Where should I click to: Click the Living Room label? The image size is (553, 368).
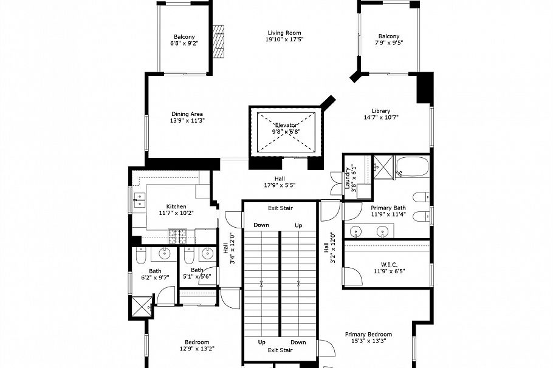tap(284, 36)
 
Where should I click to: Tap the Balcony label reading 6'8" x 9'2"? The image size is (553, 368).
tap(184, 39)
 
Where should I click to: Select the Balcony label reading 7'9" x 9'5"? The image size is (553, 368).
tap(389, 39)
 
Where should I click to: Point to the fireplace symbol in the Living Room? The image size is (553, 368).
tap(219, 41)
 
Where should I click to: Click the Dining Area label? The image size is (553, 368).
tap(187, 117)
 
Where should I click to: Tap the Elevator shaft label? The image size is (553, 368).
tap(286, 128)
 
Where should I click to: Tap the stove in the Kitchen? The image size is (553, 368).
tap(176, 233)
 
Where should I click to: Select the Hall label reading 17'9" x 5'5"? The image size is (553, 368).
tap(280, 182)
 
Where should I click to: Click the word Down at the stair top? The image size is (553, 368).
tap(261, 225)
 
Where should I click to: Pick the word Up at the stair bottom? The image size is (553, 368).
tap(261, 342)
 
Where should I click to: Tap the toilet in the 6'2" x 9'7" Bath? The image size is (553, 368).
tap(140, 257)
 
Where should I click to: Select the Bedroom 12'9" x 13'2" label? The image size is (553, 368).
tap(197, 345)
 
